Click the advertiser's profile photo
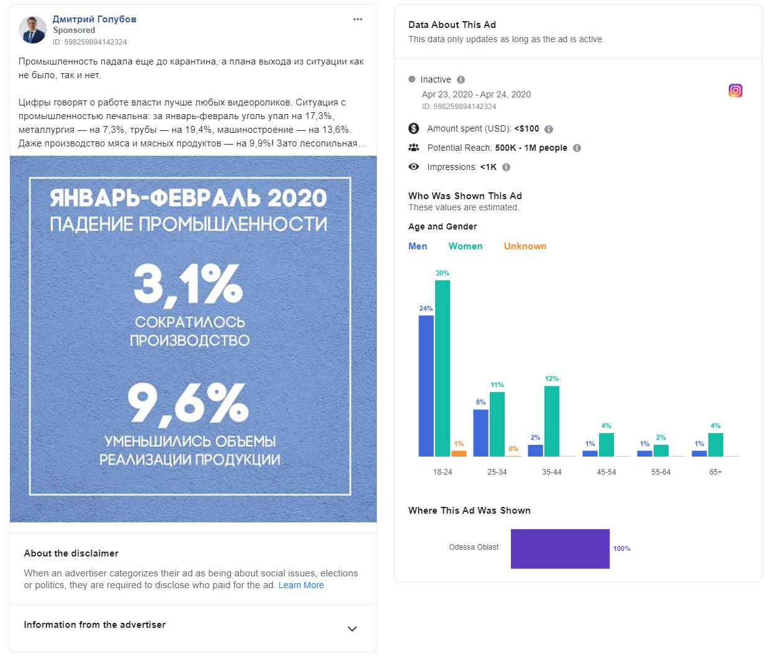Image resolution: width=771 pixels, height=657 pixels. pyautogui.click(x=33, y=30)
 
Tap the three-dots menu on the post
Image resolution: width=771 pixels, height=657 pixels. pyautogui.click(x=358, y=19)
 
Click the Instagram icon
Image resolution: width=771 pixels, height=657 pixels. pyautogui.click(x=735, y=91)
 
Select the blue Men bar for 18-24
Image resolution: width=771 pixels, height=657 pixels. pyautogui.click(x=426, y=386)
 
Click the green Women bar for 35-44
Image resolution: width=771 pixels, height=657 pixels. pyautogui.click(x=551, y=421)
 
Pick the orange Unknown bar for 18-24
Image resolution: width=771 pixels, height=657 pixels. pyautogui.click(x=459, y=454)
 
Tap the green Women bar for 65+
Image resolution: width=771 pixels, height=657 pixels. pyautogui.click(x=715, y=444)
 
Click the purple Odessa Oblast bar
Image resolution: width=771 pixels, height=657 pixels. pyautogui.click(x=560, y=548)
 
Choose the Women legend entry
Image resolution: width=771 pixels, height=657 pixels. pyautogui.click(x=465, y=246)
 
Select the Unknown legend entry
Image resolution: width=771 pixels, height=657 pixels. pyautogui.click(x=525, y=246)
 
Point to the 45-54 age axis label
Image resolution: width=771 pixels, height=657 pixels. pyautogui.click(x=606, y=472)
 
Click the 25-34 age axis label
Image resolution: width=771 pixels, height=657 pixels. pyautogui.click(x=497, y=472)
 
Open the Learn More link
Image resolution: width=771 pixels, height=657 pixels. pyautogui.click(x=301, y=585)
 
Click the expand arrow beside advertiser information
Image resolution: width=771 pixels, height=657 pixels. pyautogui.click(x=352, y=628)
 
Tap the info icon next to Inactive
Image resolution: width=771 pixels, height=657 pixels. pyautogui.click(x=461, y=79)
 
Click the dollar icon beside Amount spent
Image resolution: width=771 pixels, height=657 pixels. pyautogui.click(x=414, y=128)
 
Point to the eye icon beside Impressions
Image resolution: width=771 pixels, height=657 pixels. pyautogui.click(x=414, y=167)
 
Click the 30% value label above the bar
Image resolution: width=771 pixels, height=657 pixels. pyautogui.click(x=442, y=273)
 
